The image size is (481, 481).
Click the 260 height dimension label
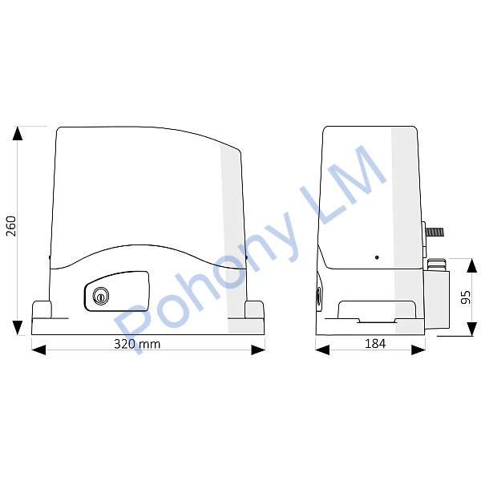point(11,226)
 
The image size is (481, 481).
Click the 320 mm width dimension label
point(137,344)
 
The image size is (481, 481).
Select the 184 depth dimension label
point(375,344)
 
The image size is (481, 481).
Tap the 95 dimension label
point(465,297)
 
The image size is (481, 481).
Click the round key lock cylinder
point(101,296)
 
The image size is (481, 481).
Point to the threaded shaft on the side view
point(435,232)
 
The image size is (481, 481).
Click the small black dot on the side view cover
point(377,257)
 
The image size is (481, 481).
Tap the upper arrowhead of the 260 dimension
point(18,133)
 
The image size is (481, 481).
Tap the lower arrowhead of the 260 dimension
point(18,328)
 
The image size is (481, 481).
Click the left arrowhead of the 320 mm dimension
point(38,350)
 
